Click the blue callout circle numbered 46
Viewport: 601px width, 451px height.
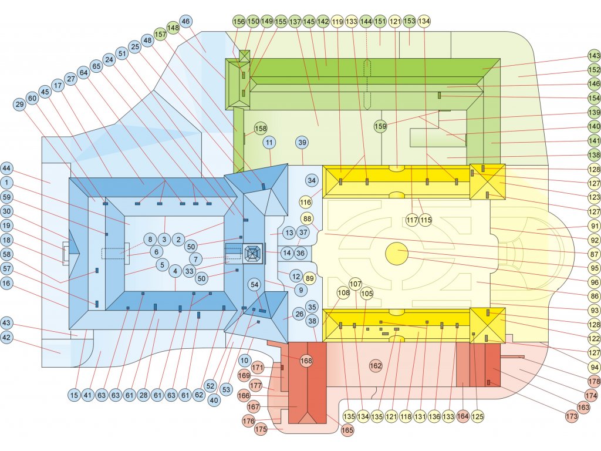(185, 21)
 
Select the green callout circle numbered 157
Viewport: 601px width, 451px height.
(161, 35)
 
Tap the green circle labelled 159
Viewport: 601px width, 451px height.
(380, 126)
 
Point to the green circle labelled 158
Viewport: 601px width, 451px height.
(261, 129)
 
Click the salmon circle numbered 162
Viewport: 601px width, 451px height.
(376, 365)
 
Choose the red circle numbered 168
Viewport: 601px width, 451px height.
(306, 361)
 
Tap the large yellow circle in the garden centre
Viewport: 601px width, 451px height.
(397, 254)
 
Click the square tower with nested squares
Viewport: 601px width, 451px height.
(253, 254)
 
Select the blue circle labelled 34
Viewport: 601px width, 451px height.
(312, 180)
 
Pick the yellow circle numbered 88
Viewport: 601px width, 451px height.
(308, 219)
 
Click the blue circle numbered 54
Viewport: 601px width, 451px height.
(255, 285)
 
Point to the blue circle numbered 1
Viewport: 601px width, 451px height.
(6, 183)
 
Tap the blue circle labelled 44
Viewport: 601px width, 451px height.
(6, 169)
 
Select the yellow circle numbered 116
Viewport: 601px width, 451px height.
(306, 203)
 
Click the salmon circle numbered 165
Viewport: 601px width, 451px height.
(347, 430)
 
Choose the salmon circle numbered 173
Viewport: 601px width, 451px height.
(571, 416)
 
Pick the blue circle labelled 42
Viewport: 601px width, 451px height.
(6, 338)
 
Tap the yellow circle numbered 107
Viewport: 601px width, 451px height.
(356, 284)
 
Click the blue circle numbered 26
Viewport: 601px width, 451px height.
(299, 314)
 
